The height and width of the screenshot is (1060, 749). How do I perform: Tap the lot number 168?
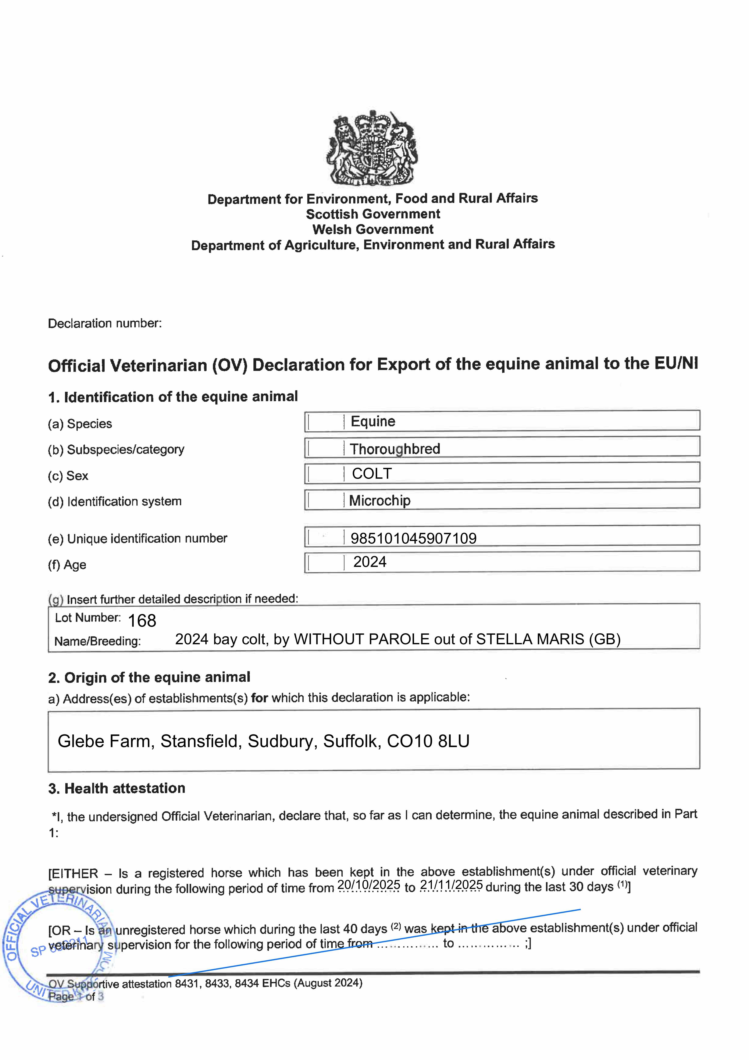click(142, 621)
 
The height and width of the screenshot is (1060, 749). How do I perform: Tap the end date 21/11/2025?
click(451, 885)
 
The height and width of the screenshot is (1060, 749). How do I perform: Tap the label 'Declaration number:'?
click(105, 323)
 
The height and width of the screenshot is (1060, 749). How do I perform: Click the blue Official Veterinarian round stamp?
click(58, 946)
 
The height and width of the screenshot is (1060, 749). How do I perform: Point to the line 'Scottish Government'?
click(373, 214)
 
